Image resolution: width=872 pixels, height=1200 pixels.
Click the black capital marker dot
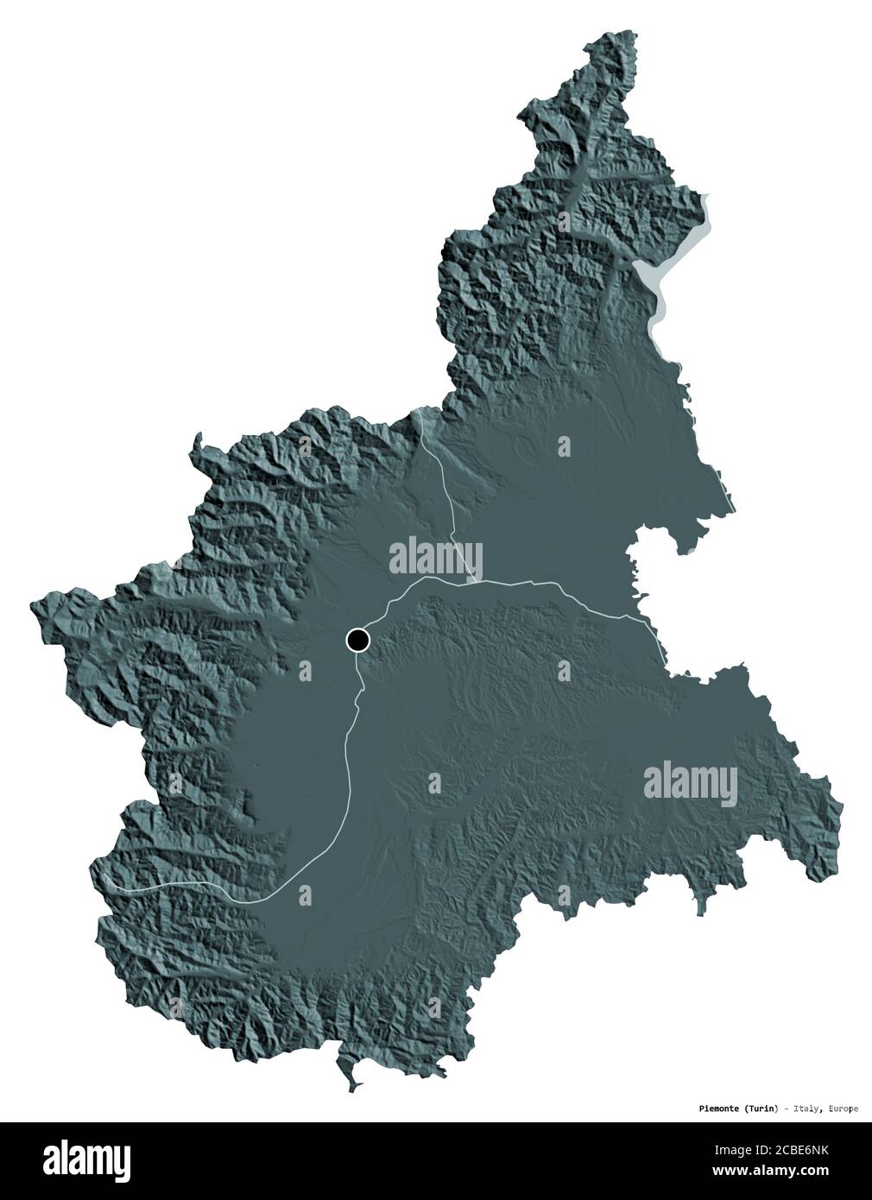coord(357,640)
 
